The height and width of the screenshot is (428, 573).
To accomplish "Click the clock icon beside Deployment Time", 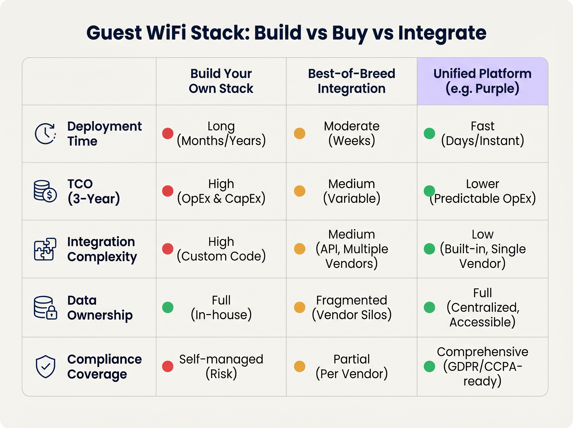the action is click(x=46, y=134).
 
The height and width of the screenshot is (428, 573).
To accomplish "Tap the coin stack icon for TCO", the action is click(x=45, y=191).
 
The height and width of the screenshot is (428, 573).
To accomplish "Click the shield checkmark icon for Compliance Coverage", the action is click(x=46, y=367).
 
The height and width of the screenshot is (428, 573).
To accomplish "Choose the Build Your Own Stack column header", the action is click(x=221, y=81).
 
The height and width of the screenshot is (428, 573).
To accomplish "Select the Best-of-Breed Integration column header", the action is click(x=352, y=81).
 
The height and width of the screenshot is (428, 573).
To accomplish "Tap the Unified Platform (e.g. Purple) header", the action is click(x=482, y=81).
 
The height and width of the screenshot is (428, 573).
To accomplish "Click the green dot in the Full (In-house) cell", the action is click(x=168, y=307).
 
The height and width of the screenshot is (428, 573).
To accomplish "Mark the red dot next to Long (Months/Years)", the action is click(x=168, y=134).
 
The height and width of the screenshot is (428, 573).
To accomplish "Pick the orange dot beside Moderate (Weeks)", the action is click(x=300, y=134).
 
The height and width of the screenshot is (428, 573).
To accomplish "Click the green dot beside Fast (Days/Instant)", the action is click(x=429, y=134).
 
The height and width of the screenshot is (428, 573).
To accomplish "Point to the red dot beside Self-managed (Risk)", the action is click(x=168, y=366).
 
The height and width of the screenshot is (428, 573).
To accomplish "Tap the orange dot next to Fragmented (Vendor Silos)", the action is click(x=300, y=307).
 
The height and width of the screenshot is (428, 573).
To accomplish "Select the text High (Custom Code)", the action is click(x=221, y=249).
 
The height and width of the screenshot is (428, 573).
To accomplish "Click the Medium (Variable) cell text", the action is click(x=352, y=191).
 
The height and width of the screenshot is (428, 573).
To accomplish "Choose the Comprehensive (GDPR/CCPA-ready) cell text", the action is click(x=482, y=366).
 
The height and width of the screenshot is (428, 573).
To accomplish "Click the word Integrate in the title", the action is click(x=442, y=33).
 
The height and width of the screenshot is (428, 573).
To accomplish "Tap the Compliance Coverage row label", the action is click(x=104, y=367).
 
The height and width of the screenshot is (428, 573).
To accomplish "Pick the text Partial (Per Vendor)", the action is click(x=352, y=366).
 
